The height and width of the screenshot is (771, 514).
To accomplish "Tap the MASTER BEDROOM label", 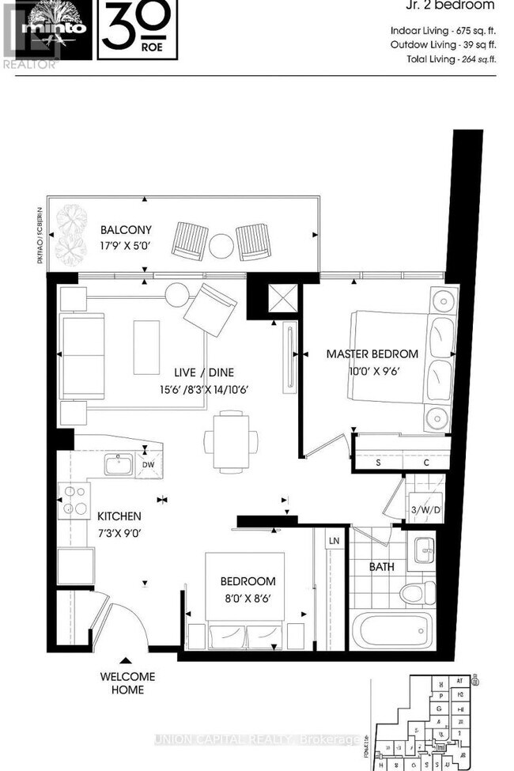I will (372, 353).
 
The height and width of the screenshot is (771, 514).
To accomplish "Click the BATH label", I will (383, 566).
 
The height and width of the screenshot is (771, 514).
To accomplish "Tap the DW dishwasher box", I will (148, 466).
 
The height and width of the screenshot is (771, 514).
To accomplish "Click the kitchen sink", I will (119, 463).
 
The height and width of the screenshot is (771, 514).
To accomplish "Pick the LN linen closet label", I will (334, 541).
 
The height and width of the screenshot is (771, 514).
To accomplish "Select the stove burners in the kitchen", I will (74, 500).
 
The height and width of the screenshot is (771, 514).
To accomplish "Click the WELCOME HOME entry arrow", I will (125, 660).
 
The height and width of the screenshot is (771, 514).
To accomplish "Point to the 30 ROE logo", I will (138, 30).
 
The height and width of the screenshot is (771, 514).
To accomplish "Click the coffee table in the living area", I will (146, 346).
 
